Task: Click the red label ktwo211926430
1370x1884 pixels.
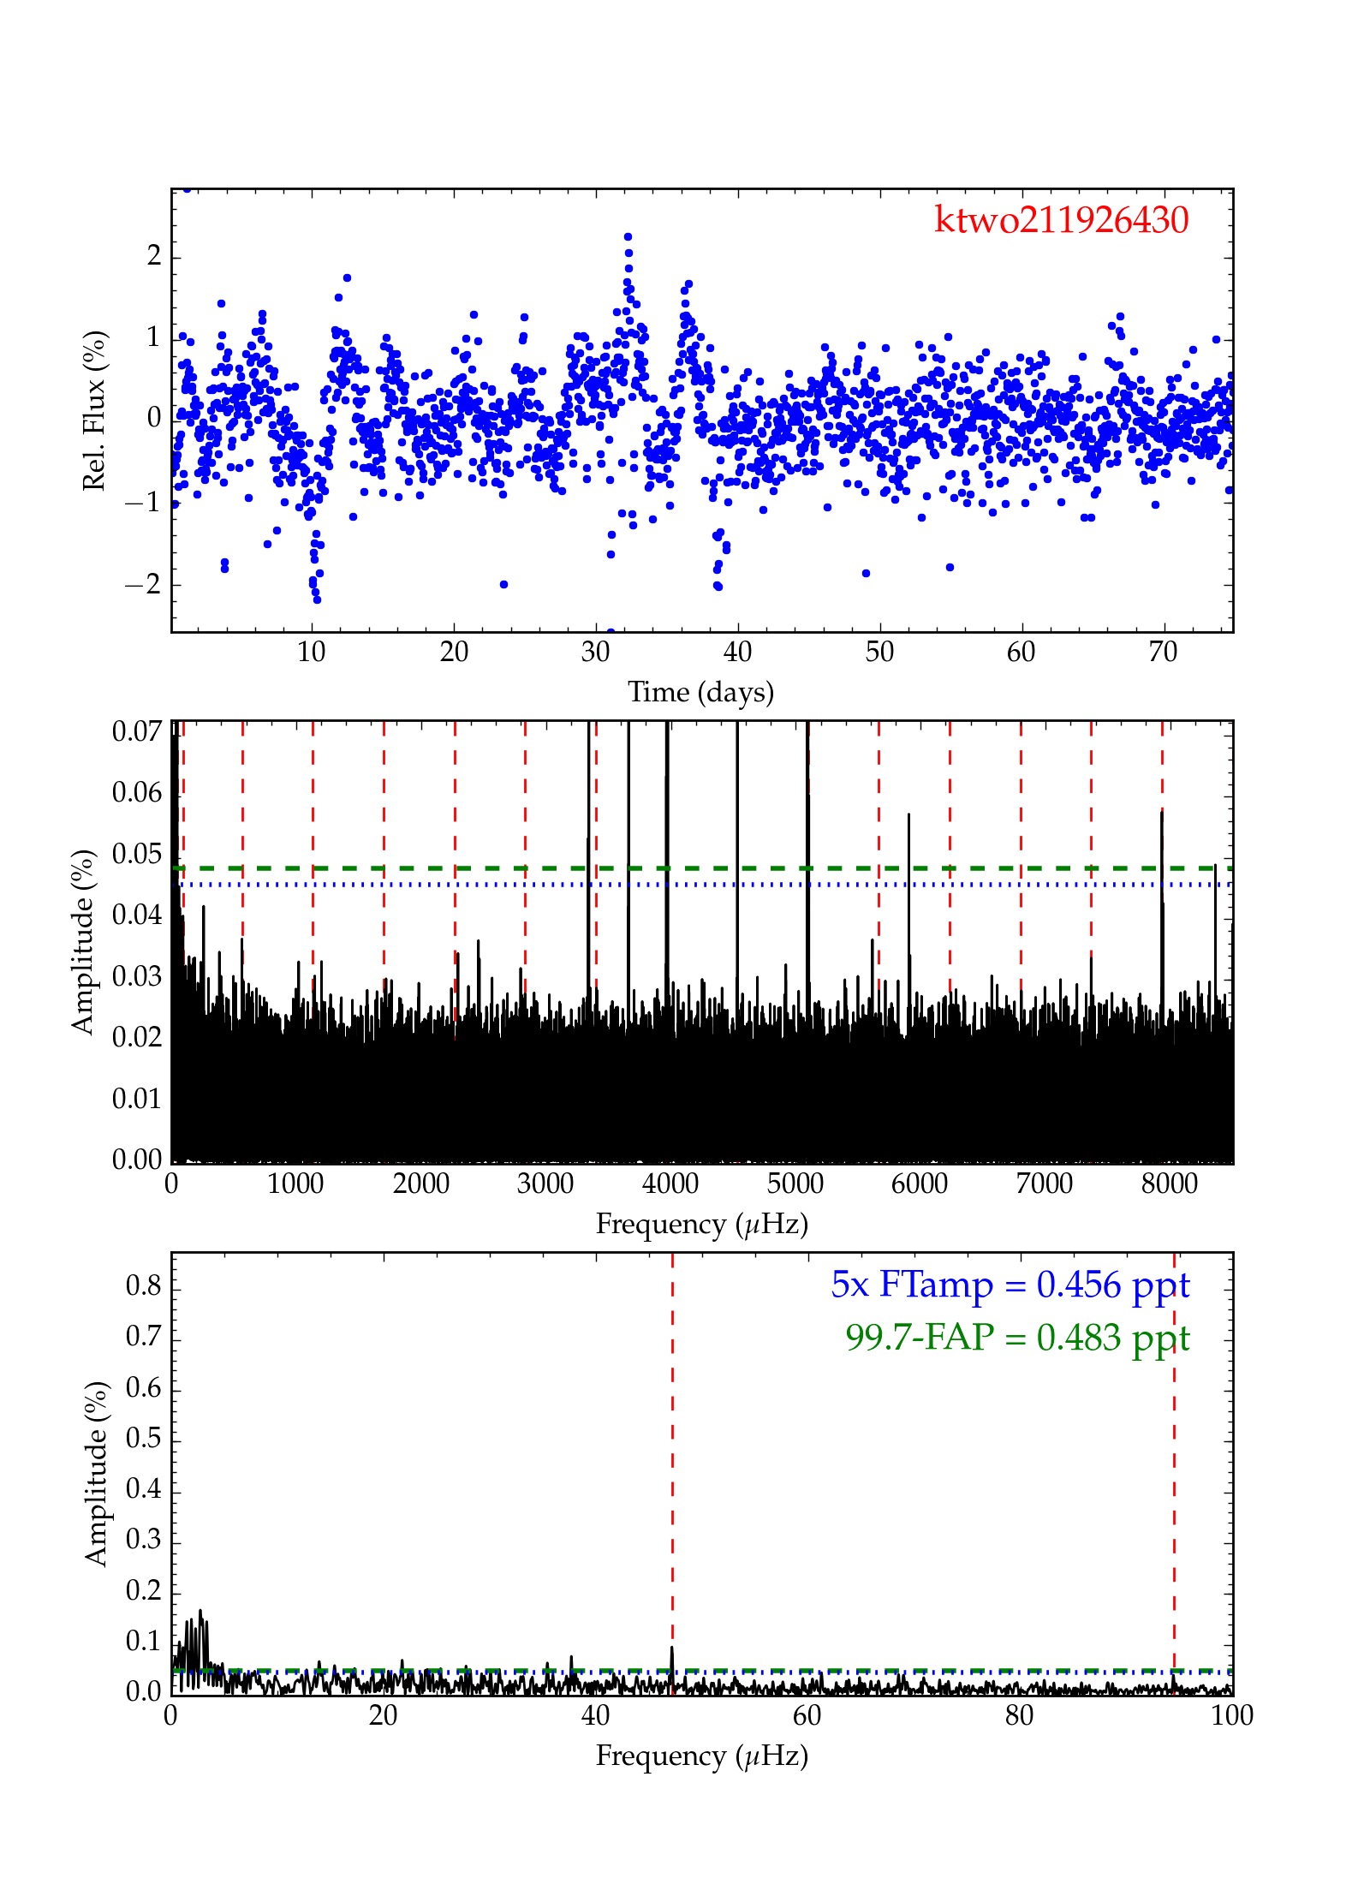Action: pos(1061,220)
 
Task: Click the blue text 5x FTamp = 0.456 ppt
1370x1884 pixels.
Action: pos(1010,1285)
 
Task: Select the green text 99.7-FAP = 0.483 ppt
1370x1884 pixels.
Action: pos(1017,1337)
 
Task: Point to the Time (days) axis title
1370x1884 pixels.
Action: pos(700,692)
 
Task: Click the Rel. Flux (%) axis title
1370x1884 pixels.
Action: pos(94,410)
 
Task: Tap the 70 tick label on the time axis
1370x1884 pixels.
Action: pos(1162,653)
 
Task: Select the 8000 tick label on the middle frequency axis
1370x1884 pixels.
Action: pos(1169,1184)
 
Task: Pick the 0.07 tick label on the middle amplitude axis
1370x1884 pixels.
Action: pos(137,731)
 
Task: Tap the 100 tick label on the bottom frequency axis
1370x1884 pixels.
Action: pos(1231,1716)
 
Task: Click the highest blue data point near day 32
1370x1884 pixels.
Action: pos(628,237)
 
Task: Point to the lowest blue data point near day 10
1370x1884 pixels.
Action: pos(317,599)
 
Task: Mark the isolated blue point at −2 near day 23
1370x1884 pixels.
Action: pos(503,584)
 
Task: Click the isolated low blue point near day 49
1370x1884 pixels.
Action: pos(866,573)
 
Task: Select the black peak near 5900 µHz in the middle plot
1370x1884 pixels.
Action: pos(908,815)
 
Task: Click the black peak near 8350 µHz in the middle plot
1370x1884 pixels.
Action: pos(1214,867)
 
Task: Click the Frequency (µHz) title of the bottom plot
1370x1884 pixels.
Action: pos(701,1756)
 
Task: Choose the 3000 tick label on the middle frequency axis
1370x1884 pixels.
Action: pos(545,1184)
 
